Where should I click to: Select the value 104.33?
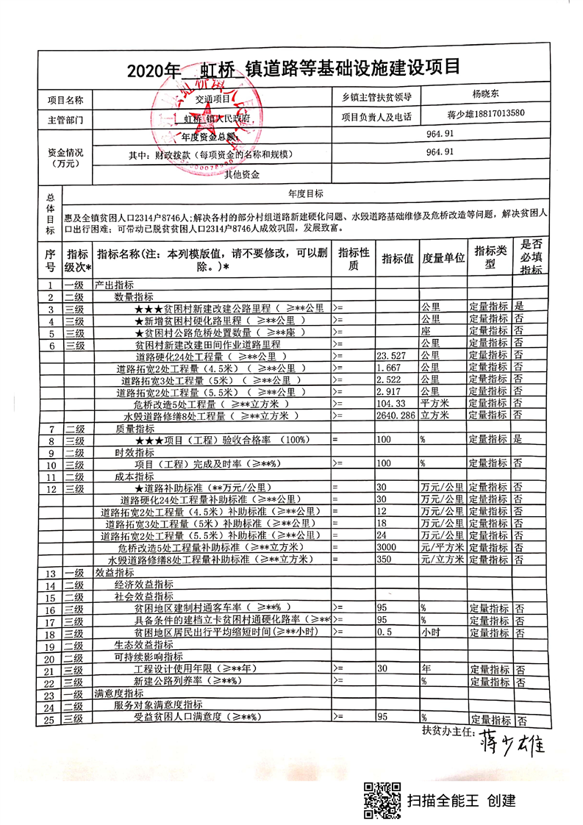click(x=390, y=404)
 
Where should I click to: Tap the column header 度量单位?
click(x=443, y=258)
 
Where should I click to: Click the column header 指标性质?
click(x=354, y=258)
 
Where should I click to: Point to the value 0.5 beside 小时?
click(x=383, y=632)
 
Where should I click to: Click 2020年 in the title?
click(x=154, y=71)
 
